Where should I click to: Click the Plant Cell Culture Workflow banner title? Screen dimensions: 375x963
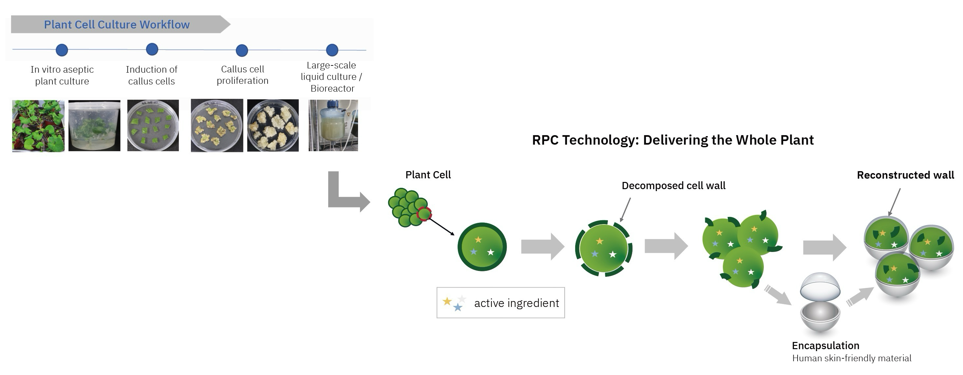click(x=117, y=25)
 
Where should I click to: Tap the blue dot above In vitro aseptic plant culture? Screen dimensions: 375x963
click(x=62, y=50)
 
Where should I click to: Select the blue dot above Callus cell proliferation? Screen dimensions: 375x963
click(x=242, y=50)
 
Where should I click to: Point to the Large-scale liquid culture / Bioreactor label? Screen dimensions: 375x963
click(x=331, y=77)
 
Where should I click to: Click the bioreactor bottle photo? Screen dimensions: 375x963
click(x=333, y=126)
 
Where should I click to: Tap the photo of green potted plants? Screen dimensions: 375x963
click(x=38, y=126)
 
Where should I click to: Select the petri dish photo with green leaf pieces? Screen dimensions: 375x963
click(x=153, y=126)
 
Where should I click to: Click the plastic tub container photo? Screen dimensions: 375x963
click(x=94, y=126)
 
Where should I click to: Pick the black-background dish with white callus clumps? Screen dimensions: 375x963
click(x=273, y=126)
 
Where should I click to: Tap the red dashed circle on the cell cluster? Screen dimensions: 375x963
click(x=424, y=214)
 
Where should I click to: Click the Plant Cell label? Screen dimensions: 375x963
click(x=428, y=175)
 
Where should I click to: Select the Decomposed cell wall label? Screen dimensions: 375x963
click(x=673, y=186)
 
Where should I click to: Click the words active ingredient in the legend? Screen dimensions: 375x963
click(x=516, y=303)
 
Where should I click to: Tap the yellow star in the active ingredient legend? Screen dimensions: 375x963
click(x=447, y=301)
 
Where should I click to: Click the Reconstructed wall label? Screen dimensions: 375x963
click(x=905, y=175)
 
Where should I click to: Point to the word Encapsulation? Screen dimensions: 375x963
click(x=825, y=346)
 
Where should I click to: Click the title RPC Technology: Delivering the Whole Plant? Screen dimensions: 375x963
click(x=672, y=140)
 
